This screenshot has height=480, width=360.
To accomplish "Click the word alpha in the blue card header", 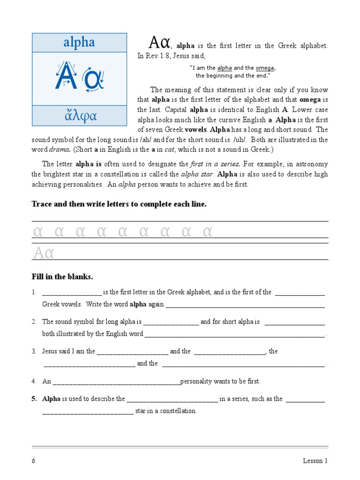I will click(x=79, y=43).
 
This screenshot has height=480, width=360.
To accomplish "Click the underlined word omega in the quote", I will click(x=265, y=68).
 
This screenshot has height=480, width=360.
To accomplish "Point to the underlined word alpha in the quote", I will click(x=225, y=68).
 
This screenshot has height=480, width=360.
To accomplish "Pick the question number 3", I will click(x=34, y=351).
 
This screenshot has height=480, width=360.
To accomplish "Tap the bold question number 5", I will click(x=34, y=399).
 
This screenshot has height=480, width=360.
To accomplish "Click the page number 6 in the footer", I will click(x=33, y=461).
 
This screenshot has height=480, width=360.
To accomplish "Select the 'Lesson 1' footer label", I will click(x=315, y=461).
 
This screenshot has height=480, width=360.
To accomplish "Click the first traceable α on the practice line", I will click(x=38, y=232).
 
